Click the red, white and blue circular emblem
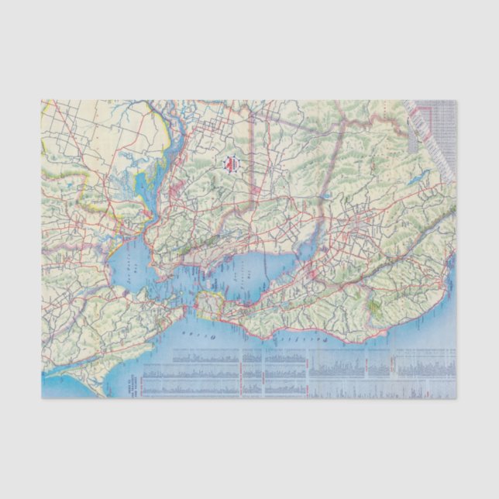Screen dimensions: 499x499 click(232, 164)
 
